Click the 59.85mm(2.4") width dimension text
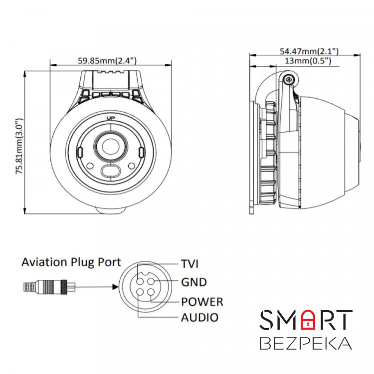[x=108, y=61]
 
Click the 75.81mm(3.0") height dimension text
[x=19, y=146]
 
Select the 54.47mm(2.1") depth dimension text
[x=309, y=51]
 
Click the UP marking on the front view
[x=111, y=118]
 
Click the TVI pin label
[x=189, y=264]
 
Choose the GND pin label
[x=194, y=282]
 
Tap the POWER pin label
[x=202, y=301]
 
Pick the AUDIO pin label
[x=199, y=317]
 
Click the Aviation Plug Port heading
[x=71, y=262]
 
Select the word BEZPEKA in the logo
[x=306, y=344]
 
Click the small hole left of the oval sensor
[x=90, y=166]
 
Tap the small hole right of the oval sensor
[x=131, y=166]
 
